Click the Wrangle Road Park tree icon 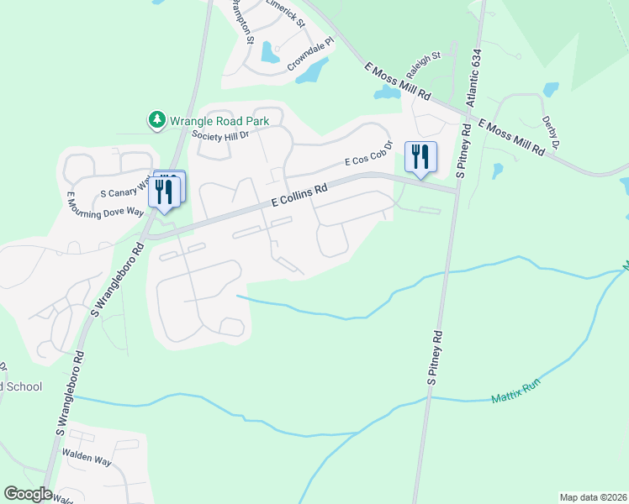(x=156, y=121)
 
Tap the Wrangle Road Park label (x=219, y=121)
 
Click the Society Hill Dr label (x=220, y=134)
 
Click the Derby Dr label (x=551, y=133)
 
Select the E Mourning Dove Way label (x=105, y=207)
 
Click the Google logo (x=28, y=494)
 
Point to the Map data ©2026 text (x=592, y=497)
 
